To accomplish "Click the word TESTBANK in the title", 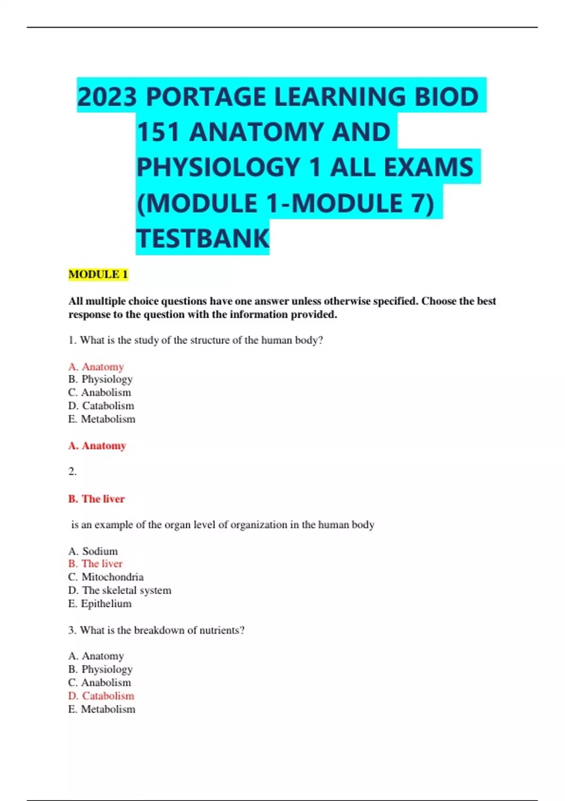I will click(203, 238).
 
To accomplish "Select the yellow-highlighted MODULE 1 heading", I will click(98, 274).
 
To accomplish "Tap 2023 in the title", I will click(107, 97).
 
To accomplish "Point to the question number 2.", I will click(73, 471).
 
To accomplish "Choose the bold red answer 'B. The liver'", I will click(97, 499).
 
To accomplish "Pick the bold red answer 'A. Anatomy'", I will click(97, 445).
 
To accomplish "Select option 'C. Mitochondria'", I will click(106, 577).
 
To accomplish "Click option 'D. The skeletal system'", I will click(120, 590).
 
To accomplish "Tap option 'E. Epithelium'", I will click(100, 603).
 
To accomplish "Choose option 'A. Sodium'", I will click(93, 551).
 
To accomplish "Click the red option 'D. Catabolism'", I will click(101, 695).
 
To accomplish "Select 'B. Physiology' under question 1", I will click(100, 379).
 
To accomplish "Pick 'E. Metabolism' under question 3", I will click(102, 709).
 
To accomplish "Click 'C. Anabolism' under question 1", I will click(100, 392).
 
